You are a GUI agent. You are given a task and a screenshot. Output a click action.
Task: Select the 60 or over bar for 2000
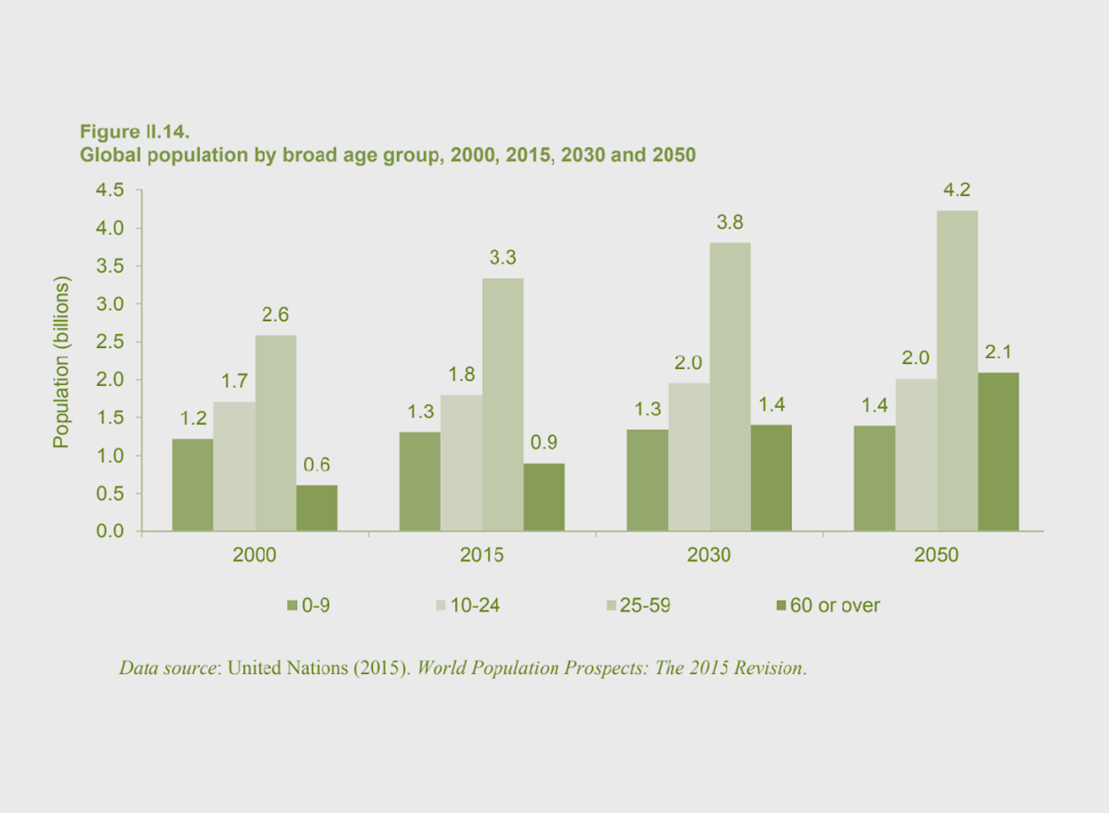click(x=316, y=508)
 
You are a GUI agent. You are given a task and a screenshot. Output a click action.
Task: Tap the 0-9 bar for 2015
click(x=420, y=481)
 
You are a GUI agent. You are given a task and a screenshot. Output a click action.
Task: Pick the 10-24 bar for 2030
click(x=689, y=457)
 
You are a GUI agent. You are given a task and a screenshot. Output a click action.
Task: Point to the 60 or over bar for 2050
click(x=998, y=452)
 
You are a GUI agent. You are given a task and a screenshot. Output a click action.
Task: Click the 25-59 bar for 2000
click(x=276, y=433)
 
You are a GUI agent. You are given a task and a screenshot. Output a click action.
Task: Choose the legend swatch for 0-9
click(x=292, y=606)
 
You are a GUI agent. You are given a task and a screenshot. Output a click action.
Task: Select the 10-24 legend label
click(x=475, y=606)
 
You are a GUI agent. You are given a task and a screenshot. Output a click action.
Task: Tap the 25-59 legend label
click(x=645, y=606)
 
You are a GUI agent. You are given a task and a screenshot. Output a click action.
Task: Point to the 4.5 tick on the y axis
click(x=110, y=191)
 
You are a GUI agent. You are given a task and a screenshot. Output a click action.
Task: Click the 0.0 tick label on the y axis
click(x=110, y=531)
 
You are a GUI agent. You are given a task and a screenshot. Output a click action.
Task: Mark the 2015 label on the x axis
click(x=481, y=555)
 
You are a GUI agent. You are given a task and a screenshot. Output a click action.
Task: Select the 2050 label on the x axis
click(x=936, y=555)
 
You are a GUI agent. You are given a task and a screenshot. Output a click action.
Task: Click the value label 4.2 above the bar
click(x=957, y=190)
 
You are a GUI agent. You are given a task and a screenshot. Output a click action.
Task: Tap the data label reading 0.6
click(x=316, y=465)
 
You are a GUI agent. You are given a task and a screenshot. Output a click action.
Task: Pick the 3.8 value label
click(x=730, y=222)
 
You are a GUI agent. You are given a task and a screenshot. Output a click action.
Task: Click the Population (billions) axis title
click(x=61, y=362)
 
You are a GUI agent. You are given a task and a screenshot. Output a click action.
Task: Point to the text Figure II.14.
click(x=135, y=132)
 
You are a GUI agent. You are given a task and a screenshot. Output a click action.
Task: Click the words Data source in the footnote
click(x=169, y=668)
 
